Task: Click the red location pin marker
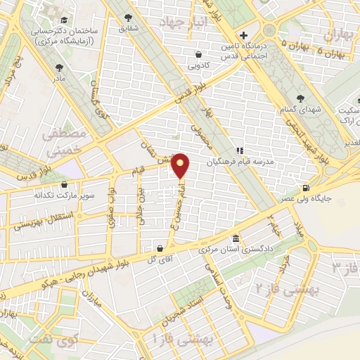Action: point(181,165)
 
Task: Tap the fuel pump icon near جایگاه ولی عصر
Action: point(305,188)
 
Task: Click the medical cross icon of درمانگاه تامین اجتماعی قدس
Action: point(243,35)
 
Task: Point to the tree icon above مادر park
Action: point(58,68)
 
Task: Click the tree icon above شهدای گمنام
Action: point(301,98)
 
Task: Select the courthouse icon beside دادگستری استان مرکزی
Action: point(236,239)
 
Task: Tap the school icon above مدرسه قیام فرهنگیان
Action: point(239,150)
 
